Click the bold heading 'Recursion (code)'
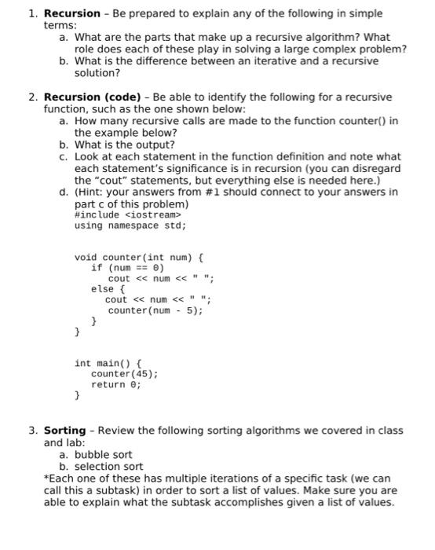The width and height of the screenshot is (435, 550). [90, 97]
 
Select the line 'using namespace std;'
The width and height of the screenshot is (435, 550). [130, 225]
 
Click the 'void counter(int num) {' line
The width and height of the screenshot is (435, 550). [139, 257]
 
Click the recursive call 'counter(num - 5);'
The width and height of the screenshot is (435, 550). [155, 310]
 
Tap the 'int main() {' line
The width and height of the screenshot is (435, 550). [108, 363]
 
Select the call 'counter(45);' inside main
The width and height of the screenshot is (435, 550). [125, 374]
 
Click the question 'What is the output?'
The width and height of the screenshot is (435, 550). [124, 145]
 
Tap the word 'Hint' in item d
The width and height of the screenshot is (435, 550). [90, 192]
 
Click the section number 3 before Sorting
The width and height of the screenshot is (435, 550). [32, 431]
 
